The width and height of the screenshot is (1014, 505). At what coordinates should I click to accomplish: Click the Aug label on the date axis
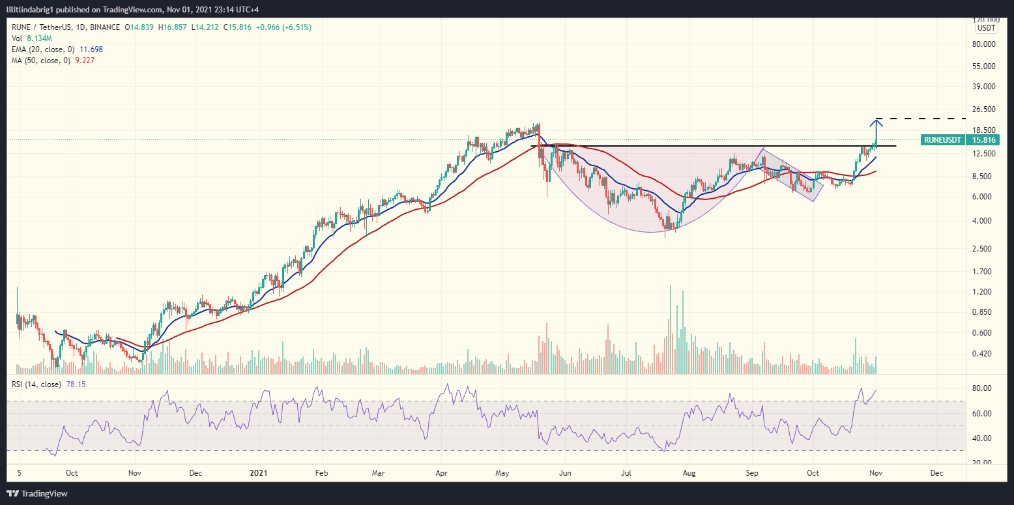point(689,474)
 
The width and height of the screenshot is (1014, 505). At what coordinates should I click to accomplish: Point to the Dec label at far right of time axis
point(936,474)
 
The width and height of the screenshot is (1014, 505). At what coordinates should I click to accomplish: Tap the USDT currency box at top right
point(984,28)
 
